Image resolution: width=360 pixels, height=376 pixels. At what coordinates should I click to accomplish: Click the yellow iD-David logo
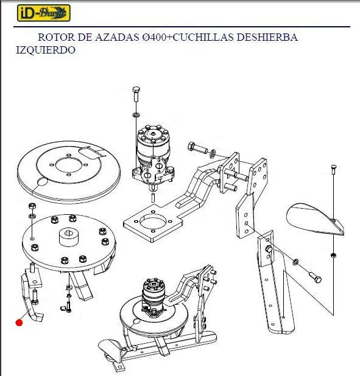44,13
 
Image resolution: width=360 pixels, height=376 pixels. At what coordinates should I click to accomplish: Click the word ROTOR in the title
56,37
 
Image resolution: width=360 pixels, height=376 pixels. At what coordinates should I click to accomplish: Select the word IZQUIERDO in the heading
46,50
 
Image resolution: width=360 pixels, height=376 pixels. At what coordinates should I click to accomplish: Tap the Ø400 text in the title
156,37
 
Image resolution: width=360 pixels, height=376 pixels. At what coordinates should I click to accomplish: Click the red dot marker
19,323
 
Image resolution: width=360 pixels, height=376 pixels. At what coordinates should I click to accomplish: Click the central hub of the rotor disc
68,237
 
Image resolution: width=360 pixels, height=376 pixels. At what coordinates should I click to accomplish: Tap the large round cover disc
69,172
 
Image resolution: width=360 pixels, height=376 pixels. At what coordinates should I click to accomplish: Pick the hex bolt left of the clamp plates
197,147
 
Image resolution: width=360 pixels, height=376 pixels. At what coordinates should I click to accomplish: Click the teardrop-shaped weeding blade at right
314,220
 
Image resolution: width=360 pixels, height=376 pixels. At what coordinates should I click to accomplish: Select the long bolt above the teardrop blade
333,170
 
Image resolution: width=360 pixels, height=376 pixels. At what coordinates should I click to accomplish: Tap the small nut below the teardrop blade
333,255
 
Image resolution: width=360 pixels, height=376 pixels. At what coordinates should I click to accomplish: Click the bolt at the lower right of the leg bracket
315,277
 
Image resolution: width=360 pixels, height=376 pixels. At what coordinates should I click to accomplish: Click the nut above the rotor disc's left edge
32,206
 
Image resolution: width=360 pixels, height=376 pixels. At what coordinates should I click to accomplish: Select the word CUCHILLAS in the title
203,37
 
